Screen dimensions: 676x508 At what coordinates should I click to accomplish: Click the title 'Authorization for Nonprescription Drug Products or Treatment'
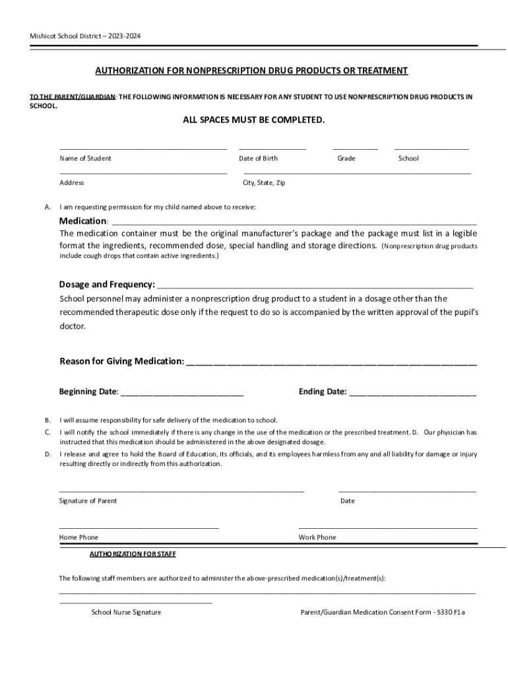coord(251,71)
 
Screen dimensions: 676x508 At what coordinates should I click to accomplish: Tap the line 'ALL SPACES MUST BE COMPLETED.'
coord(253,120)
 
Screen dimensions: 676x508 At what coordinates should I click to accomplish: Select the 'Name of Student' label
coord(85,158)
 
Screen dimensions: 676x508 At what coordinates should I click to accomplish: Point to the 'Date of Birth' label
coord(258,158)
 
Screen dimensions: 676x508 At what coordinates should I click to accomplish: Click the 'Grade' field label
coord(346,158)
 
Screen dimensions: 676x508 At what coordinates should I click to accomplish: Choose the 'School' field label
coord(408,158)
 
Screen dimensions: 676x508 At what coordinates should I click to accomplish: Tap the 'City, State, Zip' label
coord(264,183)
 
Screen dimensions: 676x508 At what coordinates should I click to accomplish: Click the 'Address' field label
coord(71,183)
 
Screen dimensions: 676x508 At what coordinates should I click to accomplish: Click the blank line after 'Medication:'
coord(294,222)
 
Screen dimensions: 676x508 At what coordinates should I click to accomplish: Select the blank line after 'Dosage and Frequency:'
coord(315,287)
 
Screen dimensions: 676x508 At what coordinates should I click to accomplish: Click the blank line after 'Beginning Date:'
coord(182,393)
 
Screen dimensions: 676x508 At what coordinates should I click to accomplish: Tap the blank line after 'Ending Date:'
coord(412,393)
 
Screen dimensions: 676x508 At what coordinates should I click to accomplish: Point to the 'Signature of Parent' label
coord(88,501)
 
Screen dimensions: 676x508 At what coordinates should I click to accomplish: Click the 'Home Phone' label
coord(79,537)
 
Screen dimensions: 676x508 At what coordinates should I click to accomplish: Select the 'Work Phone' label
coord(317,537)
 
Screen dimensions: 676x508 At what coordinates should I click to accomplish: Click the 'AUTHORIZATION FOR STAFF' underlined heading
coord(133,554)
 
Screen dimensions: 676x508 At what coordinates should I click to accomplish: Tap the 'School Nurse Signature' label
coord(126,612)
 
